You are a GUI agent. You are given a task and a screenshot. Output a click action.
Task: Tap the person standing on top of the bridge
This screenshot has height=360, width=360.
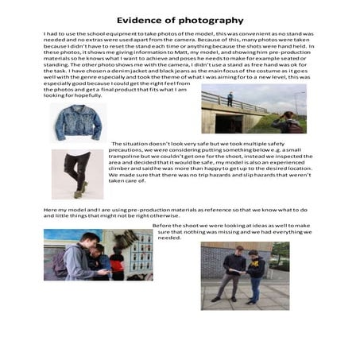tap(230, 99)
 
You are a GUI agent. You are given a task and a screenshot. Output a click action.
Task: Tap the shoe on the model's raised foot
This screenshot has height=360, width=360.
tap(81, 187)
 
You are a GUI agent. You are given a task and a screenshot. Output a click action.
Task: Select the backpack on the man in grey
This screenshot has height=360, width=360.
tap(60, 263)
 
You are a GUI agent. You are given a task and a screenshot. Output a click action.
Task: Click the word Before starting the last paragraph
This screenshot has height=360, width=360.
tap(164, 224)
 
